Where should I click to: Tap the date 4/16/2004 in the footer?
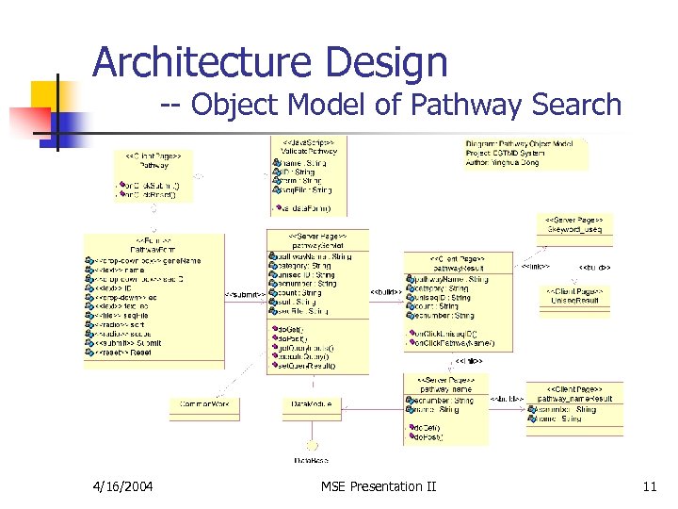pyautogui.click(x=124, y=486)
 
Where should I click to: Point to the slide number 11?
pyautogui.click(x=649, y=486)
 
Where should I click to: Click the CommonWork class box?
pyautogui.click(x=200, y=403)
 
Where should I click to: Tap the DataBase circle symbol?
pyautogui.click(x=312, y=446)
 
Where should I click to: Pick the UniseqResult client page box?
pyautogui.click(x=573, y=296)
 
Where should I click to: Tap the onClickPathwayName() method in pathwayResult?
pyautogui.click(x=452, y=342)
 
